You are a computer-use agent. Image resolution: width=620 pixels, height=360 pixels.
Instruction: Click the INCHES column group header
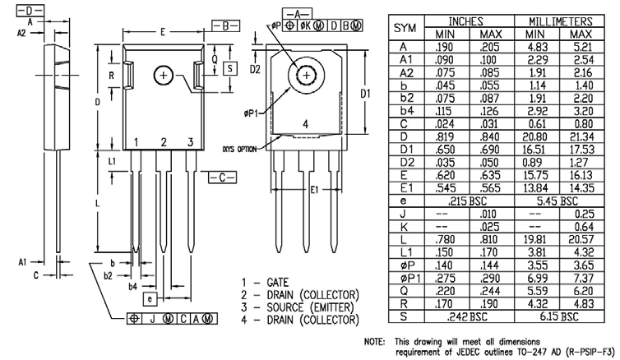click(466, 19)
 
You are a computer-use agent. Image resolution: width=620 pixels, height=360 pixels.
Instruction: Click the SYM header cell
click(405, 27)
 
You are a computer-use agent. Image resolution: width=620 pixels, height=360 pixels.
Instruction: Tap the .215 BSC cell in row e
click(466, 200)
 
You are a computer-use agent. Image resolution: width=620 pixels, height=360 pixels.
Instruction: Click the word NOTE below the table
click(375, 340)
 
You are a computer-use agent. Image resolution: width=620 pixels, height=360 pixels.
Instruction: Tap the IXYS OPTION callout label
click(238, 149)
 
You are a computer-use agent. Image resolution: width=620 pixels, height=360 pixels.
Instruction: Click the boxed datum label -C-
click(222, 177)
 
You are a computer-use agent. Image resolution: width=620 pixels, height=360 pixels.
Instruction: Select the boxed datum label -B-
click(225, 25)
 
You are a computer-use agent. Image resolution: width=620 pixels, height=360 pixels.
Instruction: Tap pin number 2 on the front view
click(164, 143)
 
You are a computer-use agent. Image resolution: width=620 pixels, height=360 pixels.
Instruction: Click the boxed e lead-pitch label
click(149, 298)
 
